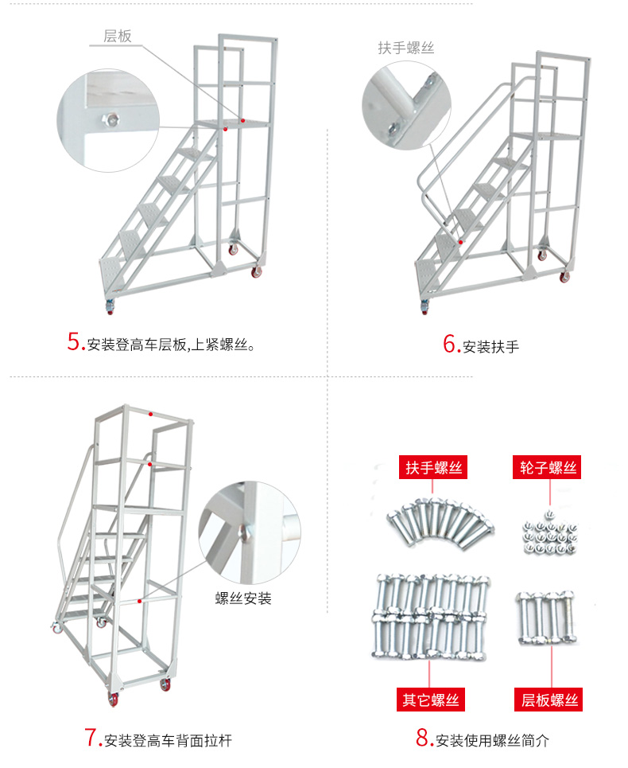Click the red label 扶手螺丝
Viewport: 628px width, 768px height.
433,467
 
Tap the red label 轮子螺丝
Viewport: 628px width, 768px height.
546,467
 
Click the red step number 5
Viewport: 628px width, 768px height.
75,342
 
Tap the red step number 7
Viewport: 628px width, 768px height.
91,737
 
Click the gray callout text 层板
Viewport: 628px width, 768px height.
118,37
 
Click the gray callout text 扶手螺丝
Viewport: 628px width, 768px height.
405,48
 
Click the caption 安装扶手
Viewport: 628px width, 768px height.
490,347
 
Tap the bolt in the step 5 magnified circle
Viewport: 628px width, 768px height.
111,120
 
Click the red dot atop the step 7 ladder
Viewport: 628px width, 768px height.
151,414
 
